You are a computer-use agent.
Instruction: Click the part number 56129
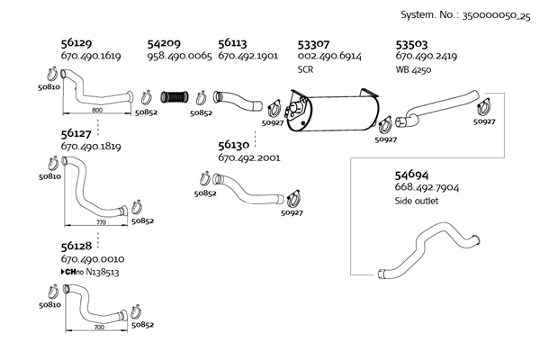[76, 42]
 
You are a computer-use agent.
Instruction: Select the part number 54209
[164, 42]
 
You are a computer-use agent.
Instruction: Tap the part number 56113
[233, 42]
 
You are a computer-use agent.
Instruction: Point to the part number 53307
[313, 42]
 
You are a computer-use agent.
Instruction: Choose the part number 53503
[412, 42]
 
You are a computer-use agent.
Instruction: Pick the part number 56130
[233, 144]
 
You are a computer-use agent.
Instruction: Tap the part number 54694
[412, 174]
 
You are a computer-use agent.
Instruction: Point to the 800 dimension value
[97, 110]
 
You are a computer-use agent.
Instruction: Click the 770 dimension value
[100, 221]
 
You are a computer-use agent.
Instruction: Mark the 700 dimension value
[98, 328]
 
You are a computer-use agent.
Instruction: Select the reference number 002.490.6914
[328, 56]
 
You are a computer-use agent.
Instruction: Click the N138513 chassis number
[102, 271]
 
